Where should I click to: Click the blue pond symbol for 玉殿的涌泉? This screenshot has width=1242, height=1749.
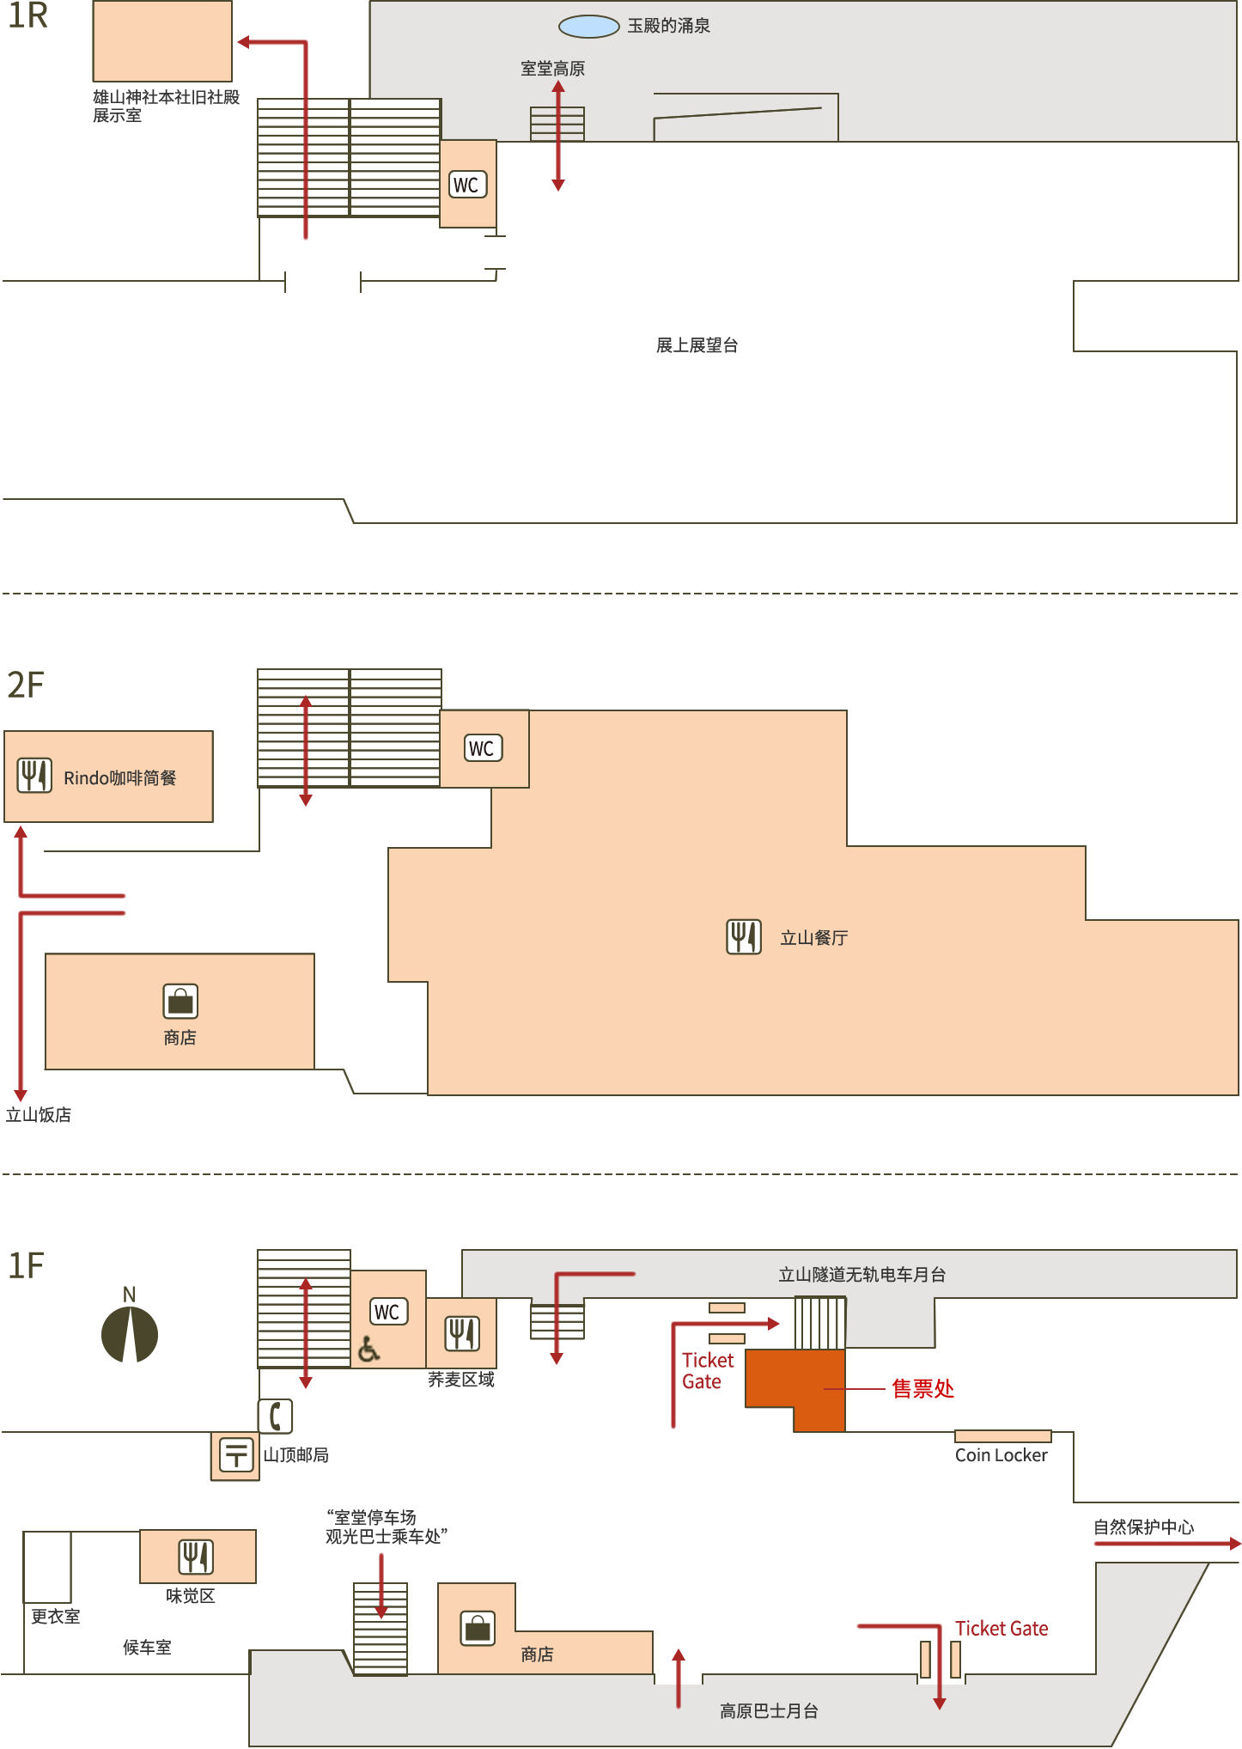click(589, 27)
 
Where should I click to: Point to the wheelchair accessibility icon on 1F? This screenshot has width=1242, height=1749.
click(368, 1350)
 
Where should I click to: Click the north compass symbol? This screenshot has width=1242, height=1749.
click(130, 1334)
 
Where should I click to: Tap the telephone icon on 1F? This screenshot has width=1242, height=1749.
click(276, 1417)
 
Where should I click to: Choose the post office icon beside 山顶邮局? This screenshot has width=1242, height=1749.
click(236, 1454)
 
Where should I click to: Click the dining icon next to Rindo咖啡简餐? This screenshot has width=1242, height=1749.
click(35, 776)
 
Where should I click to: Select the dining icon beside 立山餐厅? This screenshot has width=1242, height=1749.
click(744, 937)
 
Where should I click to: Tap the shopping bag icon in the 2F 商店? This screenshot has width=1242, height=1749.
click(180, 1002)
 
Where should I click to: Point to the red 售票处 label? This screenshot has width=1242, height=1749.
click(923, 1388)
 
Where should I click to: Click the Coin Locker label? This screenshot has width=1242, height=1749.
click(1002, 1455)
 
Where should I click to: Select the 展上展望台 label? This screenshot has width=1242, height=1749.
click(697, 345)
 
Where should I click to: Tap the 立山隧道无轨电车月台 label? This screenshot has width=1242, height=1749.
click(862, 1275)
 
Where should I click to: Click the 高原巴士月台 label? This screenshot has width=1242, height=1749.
click(769, 1711)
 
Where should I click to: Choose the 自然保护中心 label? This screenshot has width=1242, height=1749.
click(1144, 1527)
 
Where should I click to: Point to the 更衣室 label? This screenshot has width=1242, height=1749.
click(56, 1616)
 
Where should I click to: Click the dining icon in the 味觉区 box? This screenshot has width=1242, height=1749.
click(197, 1557)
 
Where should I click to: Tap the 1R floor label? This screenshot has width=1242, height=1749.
click(27, 16)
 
